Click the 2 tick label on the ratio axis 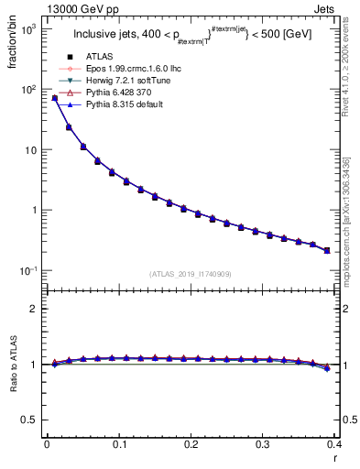click(x=35, y=309)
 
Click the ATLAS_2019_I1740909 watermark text click(x=191, y=275)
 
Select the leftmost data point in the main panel click(x=54, y=98)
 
